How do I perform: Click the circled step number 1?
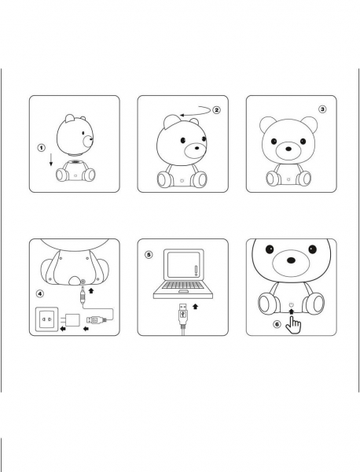pos(41,148)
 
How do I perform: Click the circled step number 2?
pos(217,110)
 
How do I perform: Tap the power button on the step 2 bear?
pos(182,180)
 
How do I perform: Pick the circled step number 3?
pos(322,109)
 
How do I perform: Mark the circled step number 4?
pos(40,296)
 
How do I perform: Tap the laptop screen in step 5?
pos(182,271)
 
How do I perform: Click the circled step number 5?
pos(149,255)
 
